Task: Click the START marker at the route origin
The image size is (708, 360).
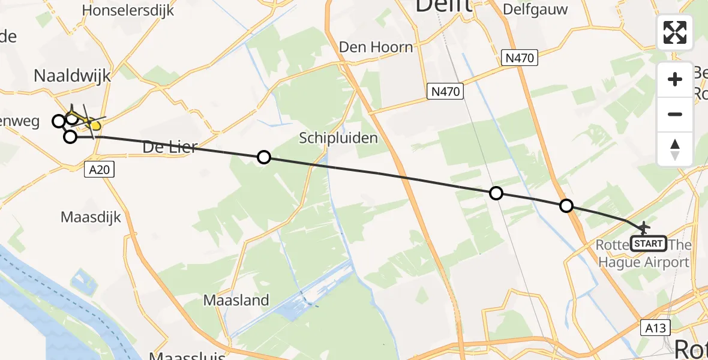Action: tap(649, 243)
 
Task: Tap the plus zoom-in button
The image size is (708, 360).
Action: tap(675, 79)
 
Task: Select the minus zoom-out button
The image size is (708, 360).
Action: tap(675, 114)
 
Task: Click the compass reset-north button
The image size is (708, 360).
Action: tap(675, 149)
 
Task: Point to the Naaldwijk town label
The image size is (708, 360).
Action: tap(73, 76)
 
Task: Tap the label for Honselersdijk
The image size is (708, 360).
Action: tap(128, 10)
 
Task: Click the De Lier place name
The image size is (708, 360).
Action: tap(170, 146)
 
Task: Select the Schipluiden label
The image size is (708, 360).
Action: tap(339, 138)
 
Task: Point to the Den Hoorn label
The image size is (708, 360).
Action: tap(376, 47)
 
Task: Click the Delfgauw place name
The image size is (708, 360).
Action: tap(535, 9)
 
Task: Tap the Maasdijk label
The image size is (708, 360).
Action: tap(91, 216)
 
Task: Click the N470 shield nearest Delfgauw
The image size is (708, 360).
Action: tap(520, 58)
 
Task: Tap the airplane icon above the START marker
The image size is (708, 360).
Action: tap(644, 228)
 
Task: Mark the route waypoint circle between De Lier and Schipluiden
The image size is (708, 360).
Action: tap(263, 158)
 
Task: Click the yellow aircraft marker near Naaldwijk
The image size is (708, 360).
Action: tap(94, 125)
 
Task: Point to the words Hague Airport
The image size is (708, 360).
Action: tap(644, 262)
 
